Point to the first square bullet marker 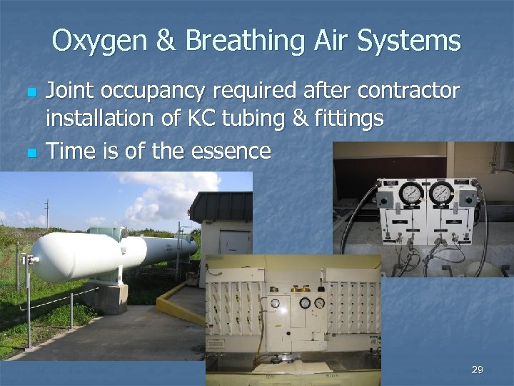click(x=29, y=94)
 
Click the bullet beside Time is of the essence click(x=29, y=152)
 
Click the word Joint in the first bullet click(x=69, y=91)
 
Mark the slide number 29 click(x=477, y=370)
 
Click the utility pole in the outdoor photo click(x=46, y=215)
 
